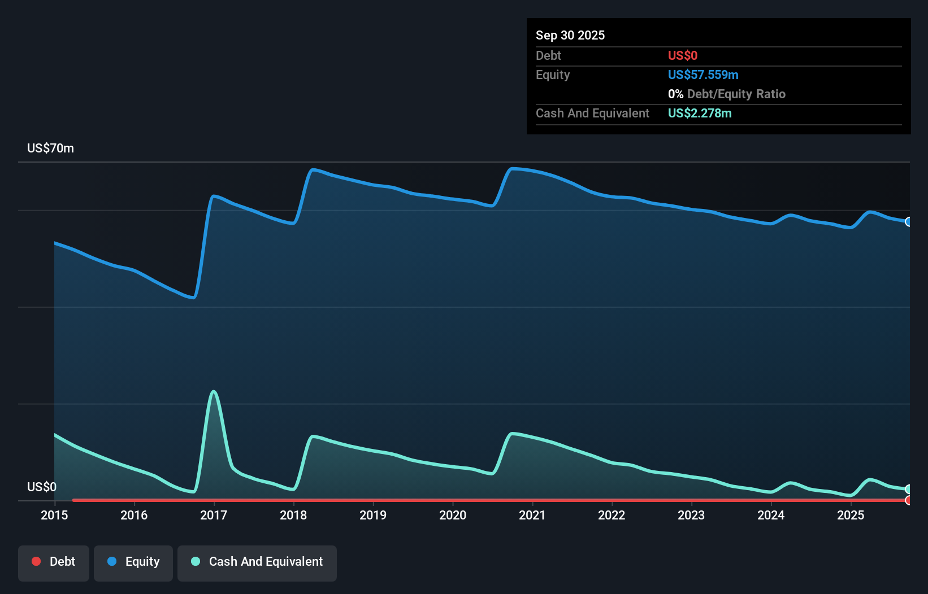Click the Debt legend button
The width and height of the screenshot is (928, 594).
click(x=54, y=562)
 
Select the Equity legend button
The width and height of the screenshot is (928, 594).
click(x=133, y=562)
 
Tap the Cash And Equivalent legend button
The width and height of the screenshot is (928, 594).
click(x=257, y=562)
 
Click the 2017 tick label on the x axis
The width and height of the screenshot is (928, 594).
click(x=214, y=515)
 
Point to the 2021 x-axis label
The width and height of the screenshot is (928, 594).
click(x=532, y=515)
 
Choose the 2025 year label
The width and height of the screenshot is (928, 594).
click(x=851, y=515)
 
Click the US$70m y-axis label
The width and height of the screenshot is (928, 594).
click(x=50, y=148)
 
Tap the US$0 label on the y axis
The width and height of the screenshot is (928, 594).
click(x=42, y=487)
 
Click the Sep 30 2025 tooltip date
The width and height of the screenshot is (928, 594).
click(x=570, y=35)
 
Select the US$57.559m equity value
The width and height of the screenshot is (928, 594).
click(x=702, y=75)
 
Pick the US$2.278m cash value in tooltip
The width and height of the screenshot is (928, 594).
click(x=699, y=113)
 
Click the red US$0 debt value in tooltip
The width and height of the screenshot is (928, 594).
click(x=682, y=55)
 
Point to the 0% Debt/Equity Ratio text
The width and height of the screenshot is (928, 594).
click(x=726, y=94)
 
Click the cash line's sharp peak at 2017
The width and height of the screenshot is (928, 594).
click(x=214, y=391)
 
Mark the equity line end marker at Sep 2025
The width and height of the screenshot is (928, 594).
click(x=909, y=222)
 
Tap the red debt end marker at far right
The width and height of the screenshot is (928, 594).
click(x=909, y=500)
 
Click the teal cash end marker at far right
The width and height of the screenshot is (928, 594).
click(x=909, y=489)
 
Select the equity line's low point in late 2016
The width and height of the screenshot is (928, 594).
click(x=193, y=297)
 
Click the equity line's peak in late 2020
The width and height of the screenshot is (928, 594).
click(x=512, y=168)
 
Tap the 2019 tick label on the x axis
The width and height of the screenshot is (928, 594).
click(x=373, y=515)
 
